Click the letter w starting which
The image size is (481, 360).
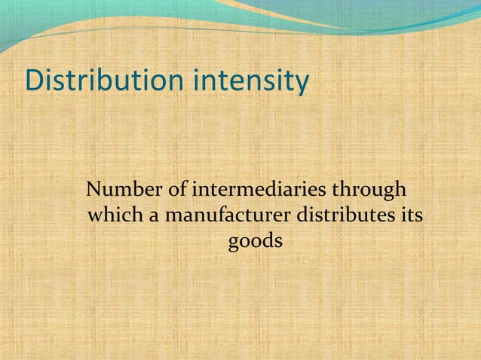96,218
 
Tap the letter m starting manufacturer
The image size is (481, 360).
171,218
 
